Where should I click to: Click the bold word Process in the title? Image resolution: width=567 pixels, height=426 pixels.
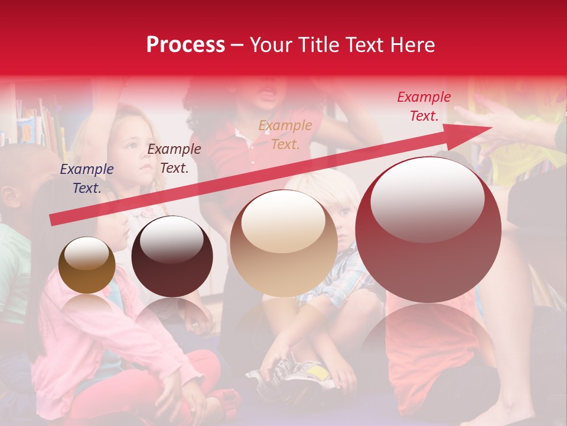point(185,45)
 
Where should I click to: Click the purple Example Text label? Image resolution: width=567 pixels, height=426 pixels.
point(86,179)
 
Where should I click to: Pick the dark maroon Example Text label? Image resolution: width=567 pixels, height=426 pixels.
point(174,159)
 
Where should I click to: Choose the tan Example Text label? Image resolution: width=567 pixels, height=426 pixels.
point(285,134)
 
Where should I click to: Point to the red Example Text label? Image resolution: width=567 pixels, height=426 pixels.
point(423,106)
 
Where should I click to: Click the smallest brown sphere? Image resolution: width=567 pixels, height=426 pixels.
point(87,265)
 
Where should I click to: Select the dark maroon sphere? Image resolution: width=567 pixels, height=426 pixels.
point(172,256)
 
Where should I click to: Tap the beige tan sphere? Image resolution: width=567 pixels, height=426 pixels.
point(283,243)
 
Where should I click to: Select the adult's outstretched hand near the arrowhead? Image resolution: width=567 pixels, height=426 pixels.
point(502,124)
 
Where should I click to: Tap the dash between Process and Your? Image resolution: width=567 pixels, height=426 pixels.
point(237,45)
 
